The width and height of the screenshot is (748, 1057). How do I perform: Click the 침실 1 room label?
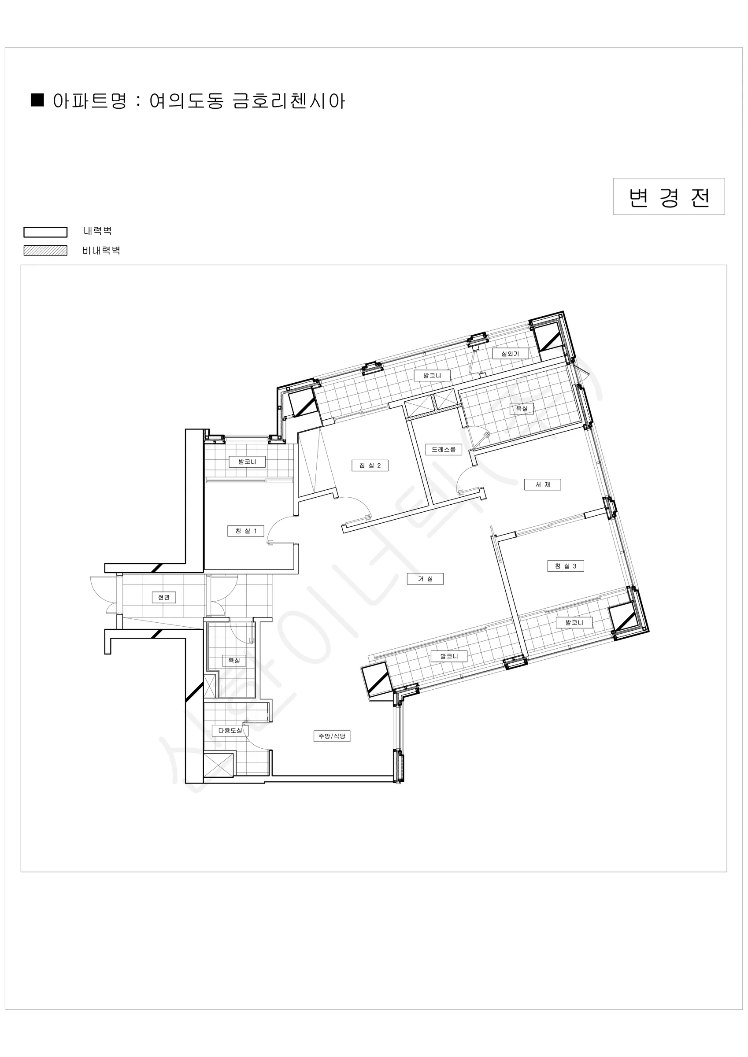246,531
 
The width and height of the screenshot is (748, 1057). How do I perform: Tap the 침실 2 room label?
370,466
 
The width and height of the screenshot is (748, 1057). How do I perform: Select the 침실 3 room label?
566,566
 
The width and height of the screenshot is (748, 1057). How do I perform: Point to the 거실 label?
425,579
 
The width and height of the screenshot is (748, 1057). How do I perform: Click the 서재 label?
543,484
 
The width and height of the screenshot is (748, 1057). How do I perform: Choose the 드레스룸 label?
444,449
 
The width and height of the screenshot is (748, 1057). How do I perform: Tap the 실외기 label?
510,354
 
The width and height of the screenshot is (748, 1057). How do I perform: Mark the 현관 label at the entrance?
163,598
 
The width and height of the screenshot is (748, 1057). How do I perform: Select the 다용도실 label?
230,731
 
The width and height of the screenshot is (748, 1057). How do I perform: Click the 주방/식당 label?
332,736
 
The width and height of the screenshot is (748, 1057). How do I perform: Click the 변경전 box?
669,196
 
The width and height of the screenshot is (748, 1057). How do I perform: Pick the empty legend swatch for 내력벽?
45,232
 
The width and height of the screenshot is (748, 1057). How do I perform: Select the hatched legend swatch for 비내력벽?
45,251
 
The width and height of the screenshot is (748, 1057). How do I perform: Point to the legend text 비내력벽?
101,251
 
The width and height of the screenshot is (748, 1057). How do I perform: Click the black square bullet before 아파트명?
37,100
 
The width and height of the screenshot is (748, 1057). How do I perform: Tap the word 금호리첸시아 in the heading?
289,101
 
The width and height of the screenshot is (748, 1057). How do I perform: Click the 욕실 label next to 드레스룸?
522,408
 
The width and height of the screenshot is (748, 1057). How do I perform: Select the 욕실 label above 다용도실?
234,661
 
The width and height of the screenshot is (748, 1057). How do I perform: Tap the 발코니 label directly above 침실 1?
247,461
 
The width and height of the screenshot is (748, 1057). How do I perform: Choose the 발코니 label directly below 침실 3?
574,622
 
